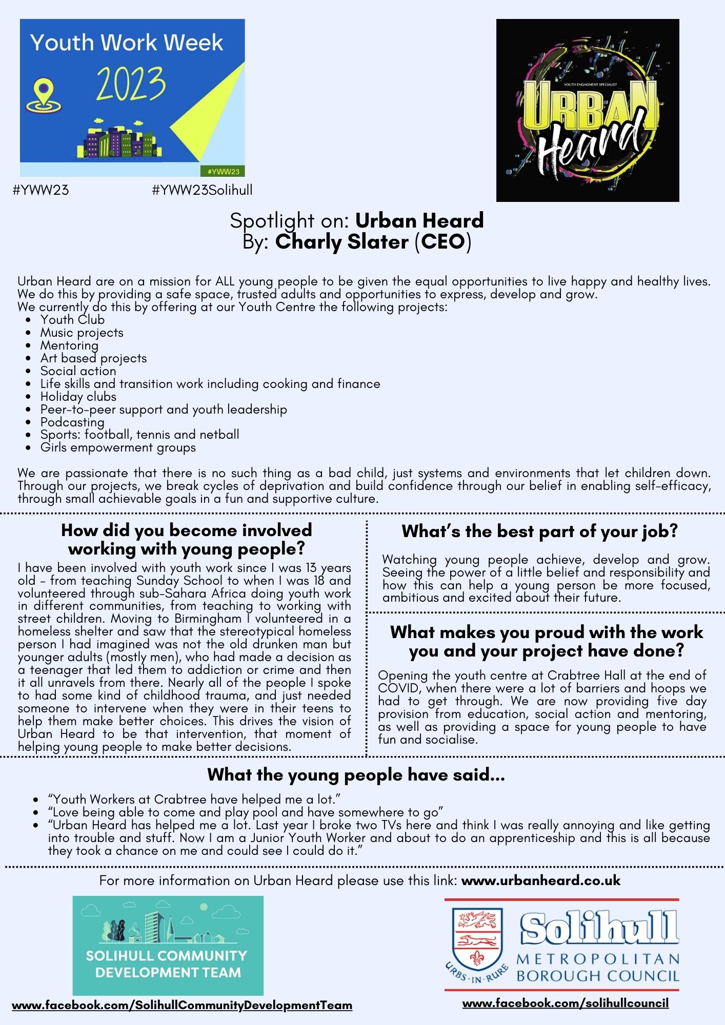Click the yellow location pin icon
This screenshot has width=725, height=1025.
44,95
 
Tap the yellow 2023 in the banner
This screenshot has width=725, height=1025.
131,84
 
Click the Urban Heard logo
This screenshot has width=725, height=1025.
588,110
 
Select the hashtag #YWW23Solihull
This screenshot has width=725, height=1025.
202,190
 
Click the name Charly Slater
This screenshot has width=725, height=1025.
341,242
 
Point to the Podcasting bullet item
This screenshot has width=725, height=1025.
72,422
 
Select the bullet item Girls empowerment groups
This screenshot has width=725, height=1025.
118,448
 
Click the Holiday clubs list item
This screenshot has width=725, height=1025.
78,397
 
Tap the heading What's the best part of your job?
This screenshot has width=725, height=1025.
539,531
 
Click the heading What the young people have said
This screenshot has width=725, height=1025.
356,774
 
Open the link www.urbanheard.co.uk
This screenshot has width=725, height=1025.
540,880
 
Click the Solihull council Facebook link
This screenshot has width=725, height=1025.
565,1003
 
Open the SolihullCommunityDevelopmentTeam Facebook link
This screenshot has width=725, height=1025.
182,1005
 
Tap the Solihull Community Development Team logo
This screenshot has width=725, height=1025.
168,945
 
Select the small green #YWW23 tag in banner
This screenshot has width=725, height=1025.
224,171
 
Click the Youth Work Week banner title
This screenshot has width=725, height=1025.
127,43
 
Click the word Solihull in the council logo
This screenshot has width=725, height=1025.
599,928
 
